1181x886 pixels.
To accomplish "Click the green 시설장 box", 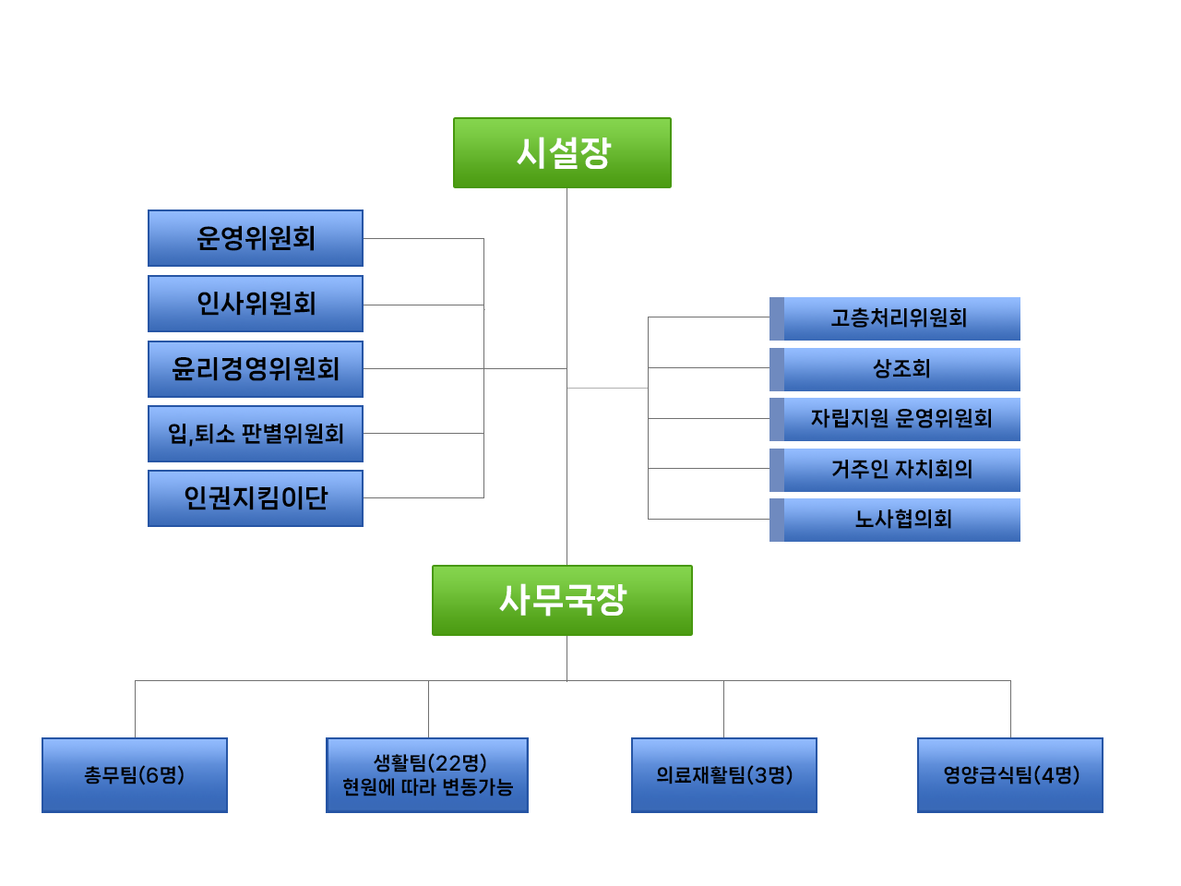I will tap(562, 153).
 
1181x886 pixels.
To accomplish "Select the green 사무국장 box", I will tap(562, 600).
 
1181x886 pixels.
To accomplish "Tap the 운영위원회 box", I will tap(256, 238).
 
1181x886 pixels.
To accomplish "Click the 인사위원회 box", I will tap(256, 304).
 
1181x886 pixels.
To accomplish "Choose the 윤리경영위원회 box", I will tap(256, 369).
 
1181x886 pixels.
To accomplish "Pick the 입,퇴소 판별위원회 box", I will tap(256, 434).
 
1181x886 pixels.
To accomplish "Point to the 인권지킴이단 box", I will tap(256, 498).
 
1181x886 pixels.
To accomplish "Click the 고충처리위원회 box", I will tap(901, 318).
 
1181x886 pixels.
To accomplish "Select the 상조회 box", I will tap(901, 369).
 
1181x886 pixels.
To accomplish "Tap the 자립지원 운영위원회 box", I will tap(901, 419).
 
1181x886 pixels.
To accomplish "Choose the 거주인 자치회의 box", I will tap(901, 469).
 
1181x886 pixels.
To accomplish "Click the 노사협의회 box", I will tap(901, 520).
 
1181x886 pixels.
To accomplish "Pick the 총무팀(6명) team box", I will tap(135, 774).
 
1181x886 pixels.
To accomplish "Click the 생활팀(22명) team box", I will tap(427, 763).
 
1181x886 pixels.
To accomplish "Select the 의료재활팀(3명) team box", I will tap(724, 774).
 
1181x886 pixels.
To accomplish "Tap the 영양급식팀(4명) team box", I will tap(1010, 774).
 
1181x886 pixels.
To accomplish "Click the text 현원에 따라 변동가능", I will tap(427, 787).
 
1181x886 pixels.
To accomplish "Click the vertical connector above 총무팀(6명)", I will tap(135, 709).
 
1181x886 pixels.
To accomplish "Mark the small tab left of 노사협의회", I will tap(777, 520).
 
